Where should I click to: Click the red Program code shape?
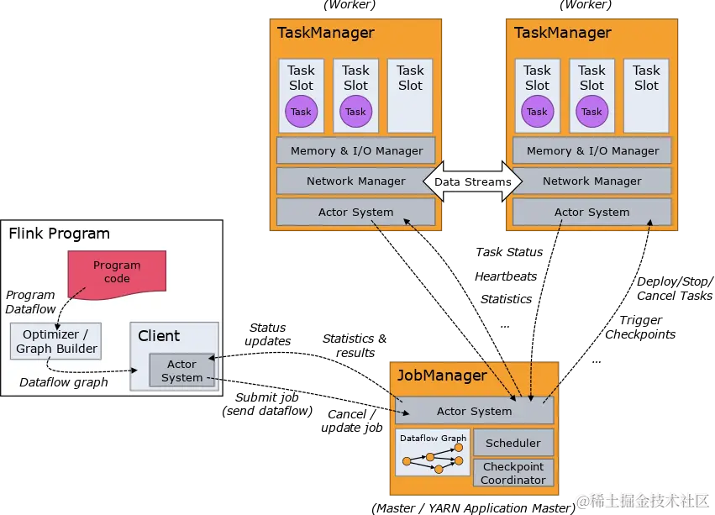(x=117, y=271)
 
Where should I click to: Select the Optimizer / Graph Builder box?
(x=56, y=341)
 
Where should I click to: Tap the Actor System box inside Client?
(x=181, y=370)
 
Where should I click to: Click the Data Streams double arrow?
(x=472, y=181)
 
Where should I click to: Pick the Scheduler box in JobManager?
(x=513, y=443)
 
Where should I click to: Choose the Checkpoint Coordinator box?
(x=513, y=473)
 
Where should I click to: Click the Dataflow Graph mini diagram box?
(x=433, y=454)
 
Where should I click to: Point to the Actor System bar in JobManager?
(x=474, y=411)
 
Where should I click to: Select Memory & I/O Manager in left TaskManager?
(x=356, y=151)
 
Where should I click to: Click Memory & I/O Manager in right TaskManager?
(x=592, y=151)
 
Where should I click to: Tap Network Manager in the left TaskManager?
(x=356, y=181)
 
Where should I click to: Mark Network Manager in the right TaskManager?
(x=592, y=181)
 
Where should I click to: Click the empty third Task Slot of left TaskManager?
(x=410, y=95)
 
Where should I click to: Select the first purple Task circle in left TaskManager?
(x=301, y=112)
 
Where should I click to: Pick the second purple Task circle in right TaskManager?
(x=591, y=112)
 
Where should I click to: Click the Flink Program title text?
(x=59, y=234)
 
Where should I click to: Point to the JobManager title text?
(x=441, y=376)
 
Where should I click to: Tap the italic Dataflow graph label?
(x=64, y=382)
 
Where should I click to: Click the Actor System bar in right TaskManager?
(x=592, y=212)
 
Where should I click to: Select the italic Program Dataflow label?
(x=30, y=302)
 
